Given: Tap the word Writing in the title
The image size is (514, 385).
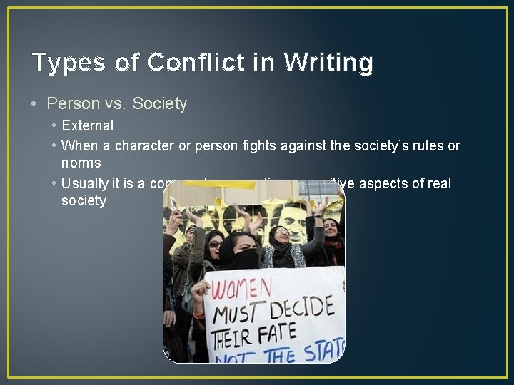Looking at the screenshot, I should [x=328, y=63].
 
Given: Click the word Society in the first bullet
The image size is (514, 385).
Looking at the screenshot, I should [x=159, y=104].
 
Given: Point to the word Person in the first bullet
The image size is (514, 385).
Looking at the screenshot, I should [x=71, y=104].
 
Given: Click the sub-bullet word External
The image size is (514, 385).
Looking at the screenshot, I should [x=87, y=125].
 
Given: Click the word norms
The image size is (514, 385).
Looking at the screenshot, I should [x=81, y=163].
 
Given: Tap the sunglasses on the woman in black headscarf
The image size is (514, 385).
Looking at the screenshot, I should [x=215, y=245].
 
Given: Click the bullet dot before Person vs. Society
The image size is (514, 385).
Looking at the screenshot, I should [x=35, y=104].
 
